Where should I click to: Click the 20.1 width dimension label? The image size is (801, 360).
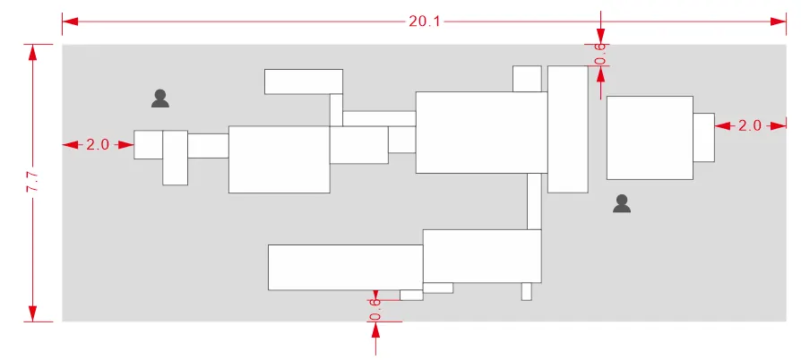(424, 21)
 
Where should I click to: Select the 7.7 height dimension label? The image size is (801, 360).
(32, 183)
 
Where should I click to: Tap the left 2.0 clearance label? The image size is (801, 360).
(97, 144)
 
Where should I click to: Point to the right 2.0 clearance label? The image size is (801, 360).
(750, 125)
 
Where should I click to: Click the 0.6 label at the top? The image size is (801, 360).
(600, 55)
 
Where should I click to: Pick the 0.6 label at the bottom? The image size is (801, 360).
(375, 310)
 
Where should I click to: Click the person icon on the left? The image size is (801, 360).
(160, 99)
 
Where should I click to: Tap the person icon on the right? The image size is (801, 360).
(622, 203)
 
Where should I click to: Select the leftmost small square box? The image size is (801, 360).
(149, 144)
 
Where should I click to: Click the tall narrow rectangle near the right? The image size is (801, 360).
(568, 129)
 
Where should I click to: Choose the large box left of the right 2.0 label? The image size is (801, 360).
(650, 137)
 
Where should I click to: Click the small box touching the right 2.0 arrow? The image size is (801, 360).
(704, 137)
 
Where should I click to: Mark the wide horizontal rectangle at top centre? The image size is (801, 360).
(304, 81)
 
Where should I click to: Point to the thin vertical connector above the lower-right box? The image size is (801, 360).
(534, 201)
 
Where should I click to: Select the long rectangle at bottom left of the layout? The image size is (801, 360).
(346, 268)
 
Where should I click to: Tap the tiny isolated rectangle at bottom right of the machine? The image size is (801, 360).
(527, 292)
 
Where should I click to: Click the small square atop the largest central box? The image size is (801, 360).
(527, 79)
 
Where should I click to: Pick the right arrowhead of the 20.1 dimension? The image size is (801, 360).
(778, 21)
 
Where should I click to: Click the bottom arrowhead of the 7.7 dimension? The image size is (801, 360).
(32, 313)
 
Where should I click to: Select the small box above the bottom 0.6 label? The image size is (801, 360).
(411, 296)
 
